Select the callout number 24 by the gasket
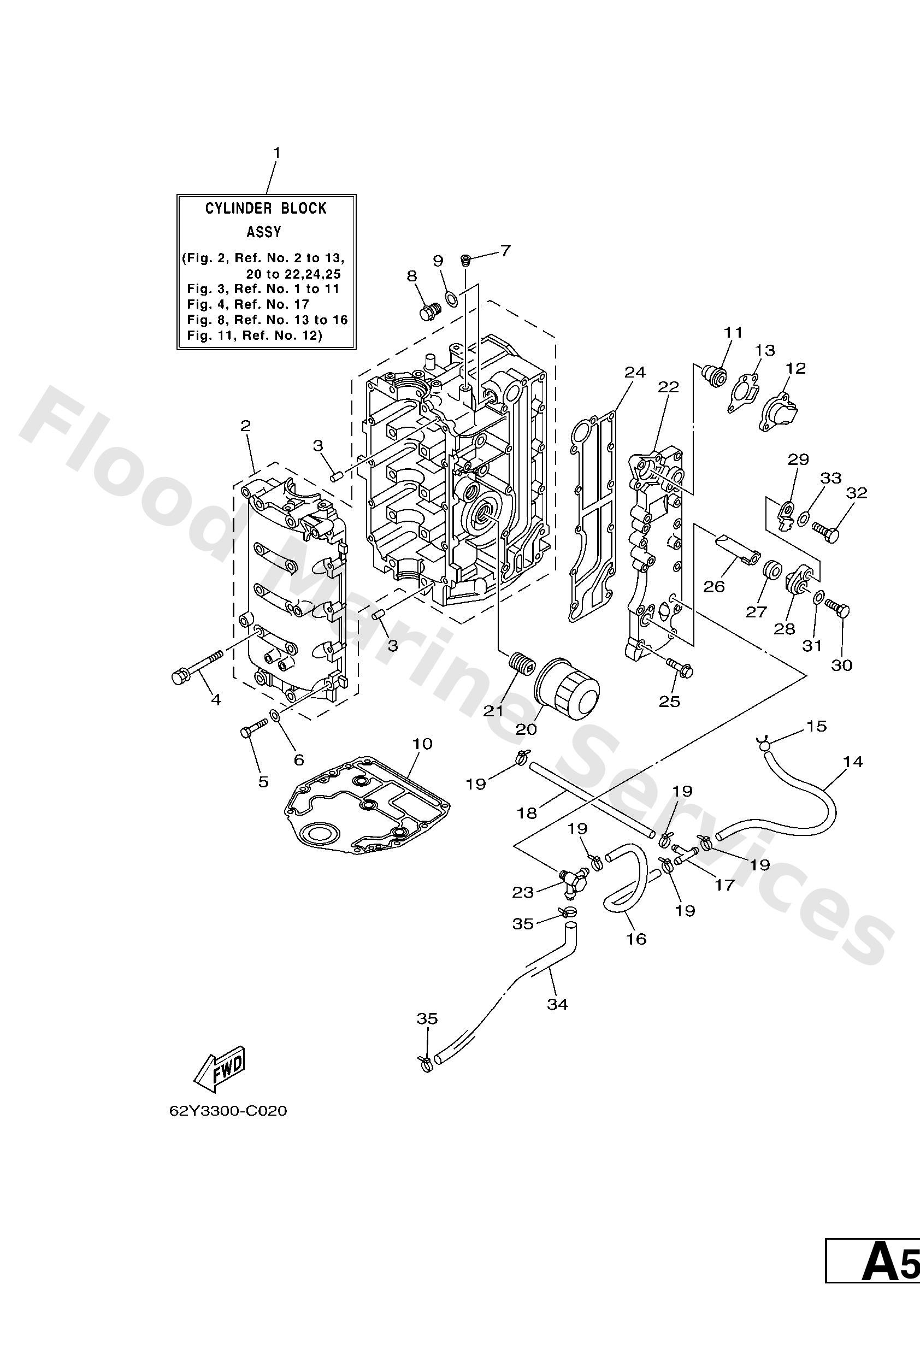(635, 372)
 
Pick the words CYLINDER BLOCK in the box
(266, 208)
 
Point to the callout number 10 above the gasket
(422, 744)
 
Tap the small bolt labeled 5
(252, 729)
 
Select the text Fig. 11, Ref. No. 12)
(255, 335)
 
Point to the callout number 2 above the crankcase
(245, 426)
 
